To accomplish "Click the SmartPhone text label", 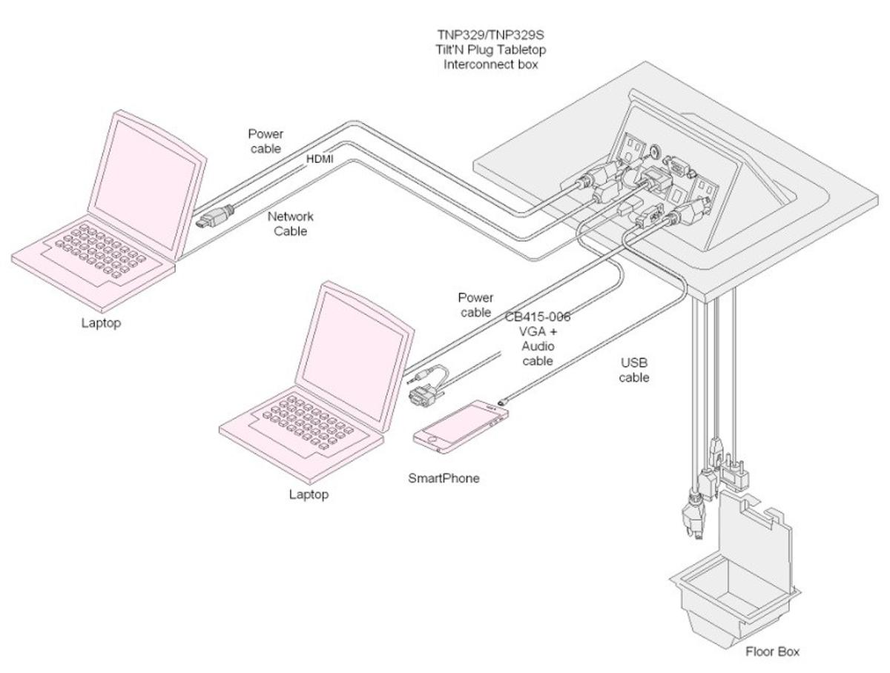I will (444, 478).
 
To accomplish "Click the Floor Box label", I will (772, 652).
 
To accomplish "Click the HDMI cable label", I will (320, 159).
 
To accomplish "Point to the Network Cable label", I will (291, 224).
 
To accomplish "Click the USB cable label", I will (635, 370).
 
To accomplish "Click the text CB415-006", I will (538, 317).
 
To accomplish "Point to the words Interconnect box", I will (490, 64).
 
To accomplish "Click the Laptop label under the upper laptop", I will (101, 323).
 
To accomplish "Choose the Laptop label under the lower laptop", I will (309, 494).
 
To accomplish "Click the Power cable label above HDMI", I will (265, 141).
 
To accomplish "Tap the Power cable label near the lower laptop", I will (475, 305).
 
